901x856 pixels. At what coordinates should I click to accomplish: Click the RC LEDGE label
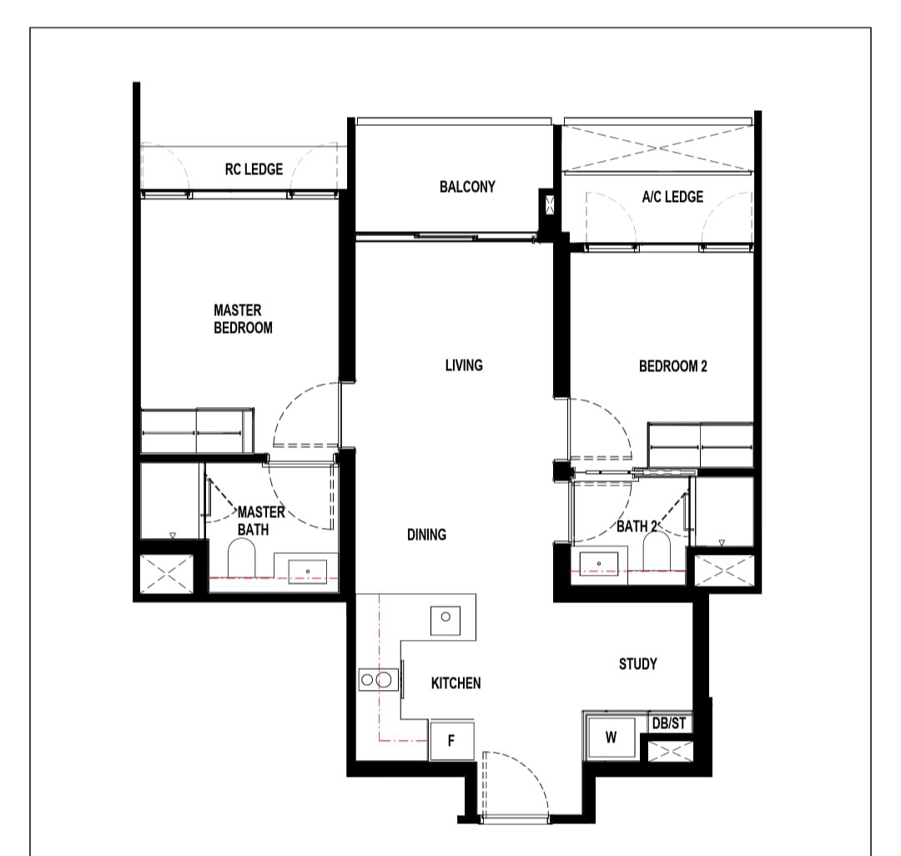click(x=254, y=169)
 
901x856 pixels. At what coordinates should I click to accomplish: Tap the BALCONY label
click(x=467, y=187)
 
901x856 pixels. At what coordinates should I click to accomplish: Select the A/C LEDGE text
click(x=672, y=197)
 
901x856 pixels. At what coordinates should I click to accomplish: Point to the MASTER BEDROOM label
click(x=243, y=319)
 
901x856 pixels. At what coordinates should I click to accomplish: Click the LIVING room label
click(x=464, y=365)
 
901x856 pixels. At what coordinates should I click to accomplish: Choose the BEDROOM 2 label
click(x=673, y=366)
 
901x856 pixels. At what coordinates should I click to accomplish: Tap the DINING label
click(x=426, y=535)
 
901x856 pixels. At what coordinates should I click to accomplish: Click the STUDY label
click(x=638, y=664)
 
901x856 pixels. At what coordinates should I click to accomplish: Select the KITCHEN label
click(x=456, y=683)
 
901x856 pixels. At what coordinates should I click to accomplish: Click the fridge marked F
click(x=451, y=741)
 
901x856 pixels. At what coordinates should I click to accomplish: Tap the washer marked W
click(x=611, y=737)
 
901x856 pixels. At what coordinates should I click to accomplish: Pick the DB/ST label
click(x=669, y=723)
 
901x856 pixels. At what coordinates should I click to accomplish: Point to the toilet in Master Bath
click(x=241, y=557)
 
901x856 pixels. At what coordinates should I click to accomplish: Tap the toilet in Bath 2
click(x=657, y=551)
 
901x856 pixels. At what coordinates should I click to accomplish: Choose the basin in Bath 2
click(x=599, y=564)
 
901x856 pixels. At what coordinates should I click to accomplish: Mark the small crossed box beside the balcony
click(x=549, y=205)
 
